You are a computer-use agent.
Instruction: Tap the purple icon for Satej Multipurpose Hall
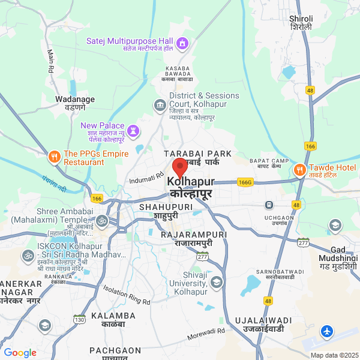pyautogui.click(x=182, y=42)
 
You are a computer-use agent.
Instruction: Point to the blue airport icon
pyautogui.click(x=326, y=331)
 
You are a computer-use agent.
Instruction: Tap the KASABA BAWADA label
pyautogui.click(x=176, y=76)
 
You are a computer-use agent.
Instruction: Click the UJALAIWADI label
pyautogui.click(x=263, y=325)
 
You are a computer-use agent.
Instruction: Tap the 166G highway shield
pyautogui.click(x=245, y=181)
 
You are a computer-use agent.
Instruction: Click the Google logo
pyautogui.click(x=20, y=353)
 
